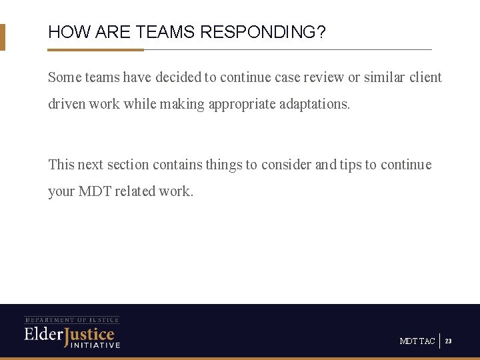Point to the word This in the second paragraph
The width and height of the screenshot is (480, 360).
tap(61, 165)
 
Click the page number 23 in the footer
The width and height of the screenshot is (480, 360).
tap(449, 341)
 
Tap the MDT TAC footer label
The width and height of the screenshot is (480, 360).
tap(417, 341)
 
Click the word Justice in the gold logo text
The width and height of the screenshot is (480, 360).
tap(89, 334)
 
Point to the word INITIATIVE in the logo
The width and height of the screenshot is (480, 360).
tap(95, 345)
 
